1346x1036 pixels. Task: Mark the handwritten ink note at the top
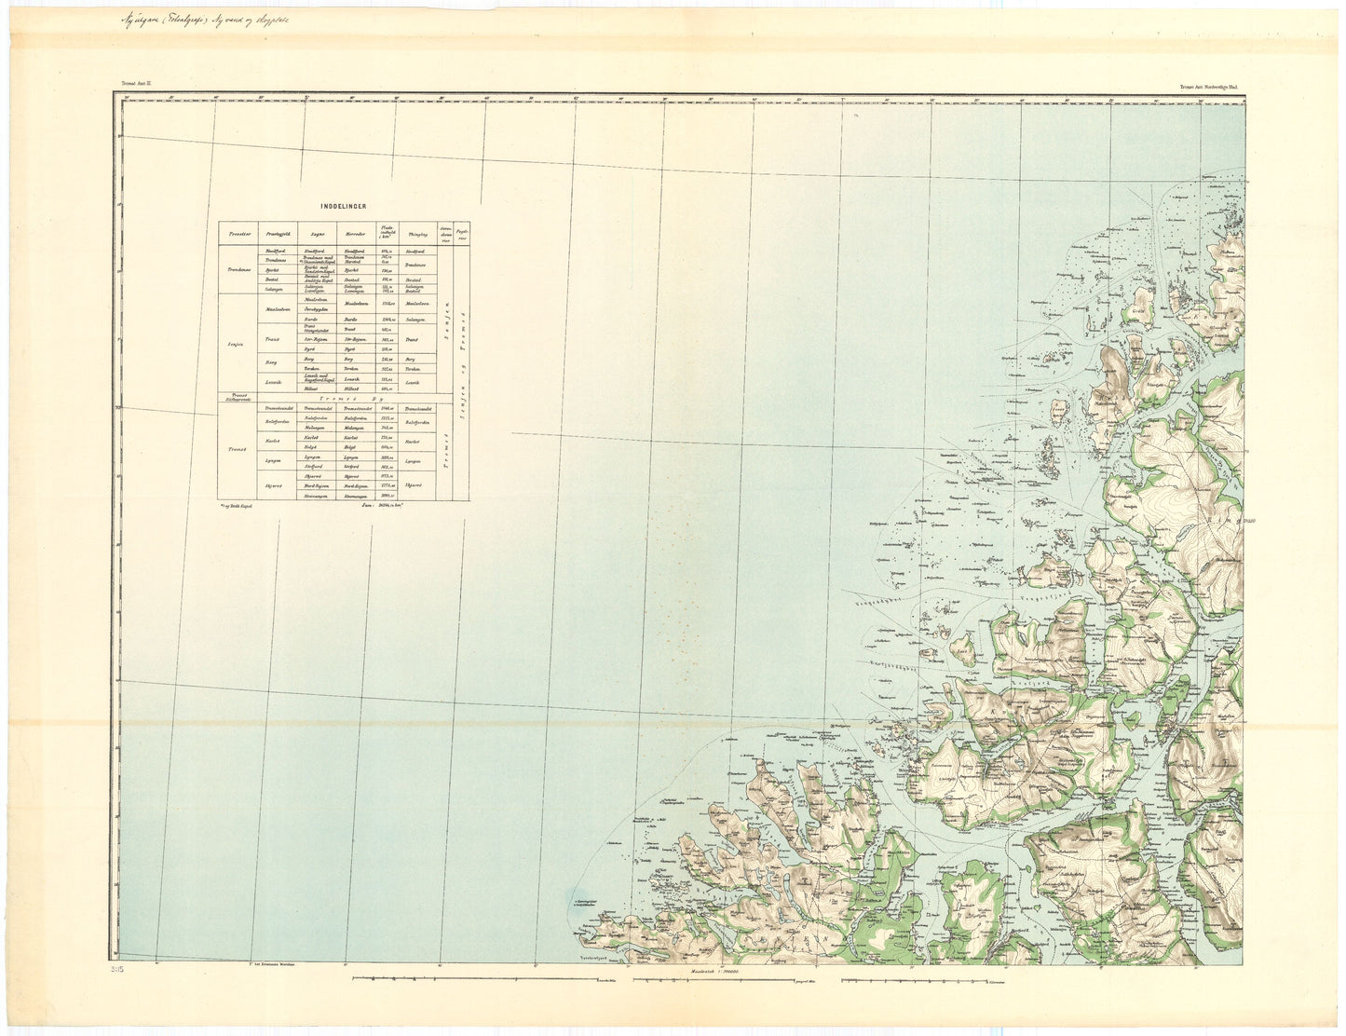[x=224, y=22]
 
